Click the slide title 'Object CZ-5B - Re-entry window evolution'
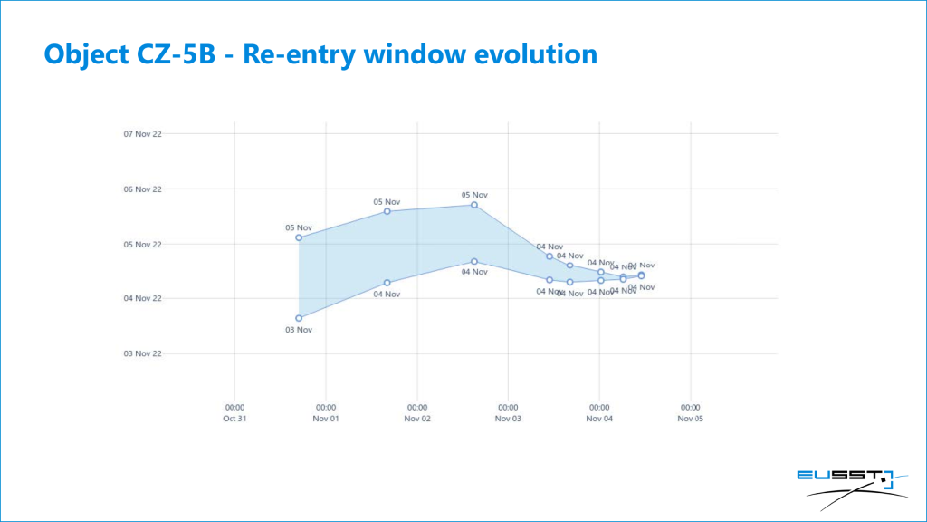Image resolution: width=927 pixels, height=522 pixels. pyautogui.click(x=320, y=53)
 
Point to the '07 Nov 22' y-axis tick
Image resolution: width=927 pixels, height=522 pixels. pyautogui.click(x=142, y=134)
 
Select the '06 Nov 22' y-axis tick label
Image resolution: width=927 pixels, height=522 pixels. pyautogui.click(x=142, y=188)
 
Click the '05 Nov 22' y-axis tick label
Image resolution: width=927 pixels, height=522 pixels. pyautogui.click(x=142, y=244)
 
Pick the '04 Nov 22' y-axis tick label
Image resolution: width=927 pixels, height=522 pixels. pyautogui.click(x=142, y=298)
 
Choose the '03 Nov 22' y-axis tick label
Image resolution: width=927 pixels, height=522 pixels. pyautogui.click(x=142, y=353)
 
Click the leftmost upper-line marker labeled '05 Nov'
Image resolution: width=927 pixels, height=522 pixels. pyautogui.click(x=299, y=237)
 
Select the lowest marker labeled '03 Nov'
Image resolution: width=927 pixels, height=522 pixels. pyautogui.click(x=299, y=318)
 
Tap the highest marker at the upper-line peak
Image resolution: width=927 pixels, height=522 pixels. pyautogui.click(x=474, y=205)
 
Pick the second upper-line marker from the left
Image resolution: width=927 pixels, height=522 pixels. pyautogui.click(x=387, y=211)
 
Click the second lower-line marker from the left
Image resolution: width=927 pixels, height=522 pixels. pyautogui.click(x=387, y=283)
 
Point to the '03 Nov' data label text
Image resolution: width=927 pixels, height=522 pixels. pyautogui.click(x=299, y=330)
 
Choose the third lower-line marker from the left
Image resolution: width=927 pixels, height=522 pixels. pyautogui.click(x=474, y=261)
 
